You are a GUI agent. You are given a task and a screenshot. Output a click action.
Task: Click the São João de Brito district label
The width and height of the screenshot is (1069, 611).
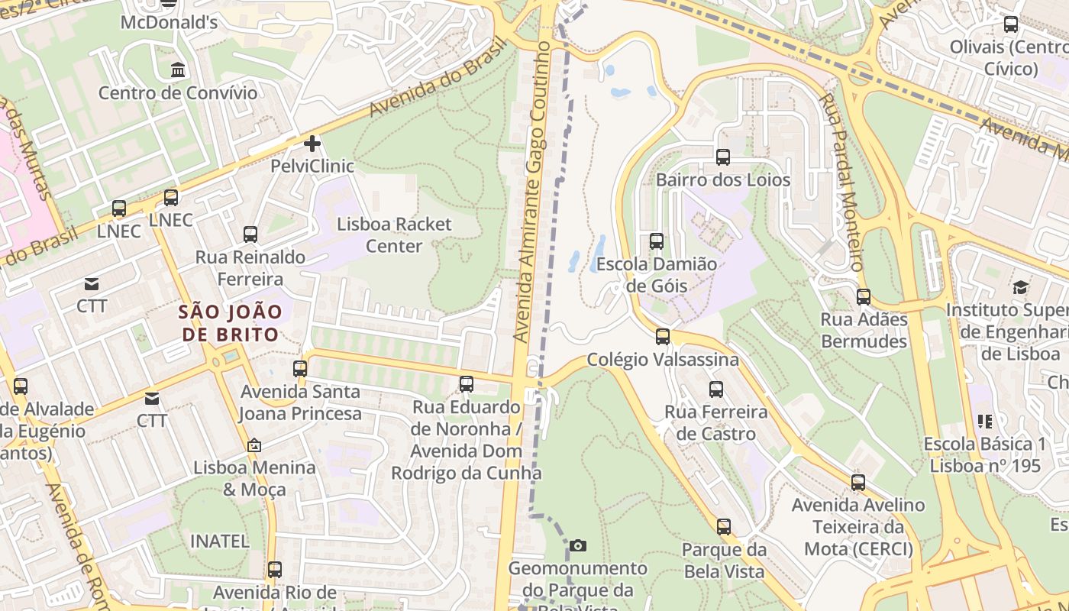point(230,322)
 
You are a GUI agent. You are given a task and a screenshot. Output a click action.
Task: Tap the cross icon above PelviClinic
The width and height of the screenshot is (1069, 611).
point(312,143)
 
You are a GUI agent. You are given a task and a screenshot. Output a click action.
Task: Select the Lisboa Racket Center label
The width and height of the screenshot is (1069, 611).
point(394,235)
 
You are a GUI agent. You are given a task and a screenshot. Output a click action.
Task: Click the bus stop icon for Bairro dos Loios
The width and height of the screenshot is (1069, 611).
point(722,157)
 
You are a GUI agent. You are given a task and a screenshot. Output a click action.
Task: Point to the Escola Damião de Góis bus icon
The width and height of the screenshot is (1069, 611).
point(656,241)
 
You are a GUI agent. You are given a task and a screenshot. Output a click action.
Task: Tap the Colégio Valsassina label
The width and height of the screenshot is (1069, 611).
point(662,359)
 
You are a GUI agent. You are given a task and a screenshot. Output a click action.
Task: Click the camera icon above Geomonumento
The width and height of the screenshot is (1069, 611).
point(578,545)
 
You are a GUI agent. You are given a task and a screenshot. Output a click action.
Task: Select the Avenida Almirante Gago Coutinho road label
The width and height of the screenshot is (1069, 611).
point(532,191)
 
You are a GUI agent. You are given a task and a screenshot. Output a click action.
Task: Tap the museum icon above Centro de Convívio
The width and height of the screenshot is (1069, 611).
point(178,70)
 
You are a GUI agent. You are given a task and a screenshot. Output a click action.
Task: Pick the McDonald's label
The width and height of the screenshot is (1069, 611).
point(169,22)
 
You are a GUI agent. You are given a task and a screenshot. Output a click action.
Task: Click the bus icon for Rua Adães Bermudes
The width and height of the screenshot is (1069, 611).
point(863,297)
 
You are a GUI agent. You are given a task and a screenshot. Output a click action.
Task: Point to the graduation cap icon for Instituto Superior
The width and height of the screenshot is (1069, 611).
point(1020,288)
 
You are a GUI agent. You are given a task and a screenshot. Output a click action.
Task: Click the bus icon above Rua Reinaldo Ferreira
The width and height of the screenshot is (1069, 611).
point(250,234)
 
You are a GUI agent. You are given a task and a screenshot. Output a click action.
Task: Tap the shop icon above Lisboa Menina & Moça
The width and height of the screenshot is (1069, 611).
point(254,445)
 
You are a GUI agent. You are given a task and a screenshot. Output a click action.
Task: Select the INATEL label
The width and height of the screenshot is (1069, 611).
point(219,541)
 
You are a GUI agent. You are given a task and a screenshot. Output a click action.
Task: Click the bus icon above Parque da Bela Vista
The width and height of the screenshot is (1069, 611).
point(723,526)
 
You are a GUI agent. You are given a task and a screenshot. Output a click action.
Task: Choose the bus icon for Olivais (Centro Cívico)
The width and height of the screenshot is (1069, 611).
point(1010,24)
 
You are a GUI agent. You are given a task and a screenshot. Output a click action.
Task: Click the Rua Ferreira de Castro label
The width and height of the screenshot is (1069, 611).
point(715,423)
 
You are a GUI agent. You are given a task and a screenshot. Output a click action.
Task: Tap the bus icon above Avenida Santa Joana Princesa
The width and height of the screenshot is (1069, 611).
point(299,369)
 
